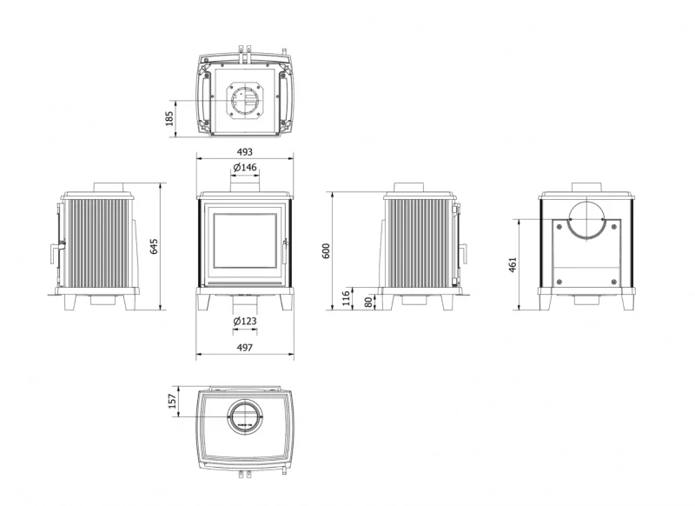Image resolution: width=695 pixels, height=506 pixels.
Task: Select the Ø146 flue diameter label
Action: click(x=244, y=166)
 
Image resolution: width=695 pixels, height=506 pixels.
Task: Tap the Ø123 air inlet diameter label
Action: click(x=244, y=323)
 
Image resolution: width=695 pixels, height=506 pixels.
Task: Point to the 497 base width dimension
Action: click(x=244, y=347)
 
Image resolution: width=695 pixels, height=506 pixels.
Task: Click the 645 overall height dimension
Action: click(x=156, y=246)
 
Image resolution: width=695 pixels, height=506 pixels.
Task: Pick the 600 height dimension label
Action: click(x=327, y=250)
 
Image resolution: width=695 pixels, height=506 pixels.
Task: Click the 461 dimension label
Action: click(x=513, y=263)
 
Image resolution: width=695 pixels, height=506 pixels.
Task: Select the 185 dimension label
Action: click(x=170, y=117)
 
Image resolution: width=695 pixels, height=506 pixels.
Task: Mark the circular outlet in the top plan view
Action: click(x=244, y=100)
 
